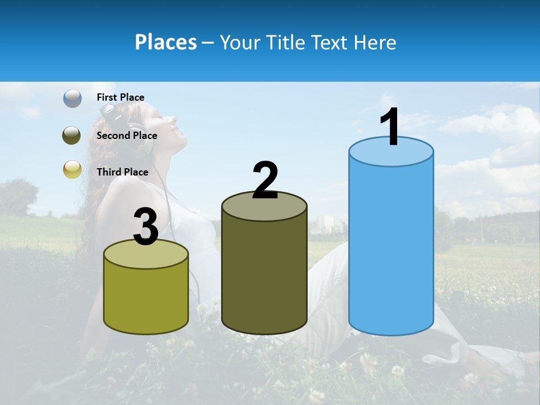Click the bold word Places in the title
click(165, 42)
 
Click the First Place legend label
click(120, 97)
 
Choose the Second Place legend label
click(127, 136)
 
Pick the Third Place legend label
click(122, 172)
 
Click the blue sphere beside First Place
click(73, 98)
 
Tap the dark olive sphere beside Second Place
click(72, 136)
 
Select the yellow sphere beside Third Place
click(72, 169)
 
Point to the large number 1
click(390, 127)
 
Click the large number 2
click(265, 181)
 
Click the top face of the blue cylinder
click(391, 152)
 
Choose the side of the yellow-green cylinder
click(146, 298)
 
